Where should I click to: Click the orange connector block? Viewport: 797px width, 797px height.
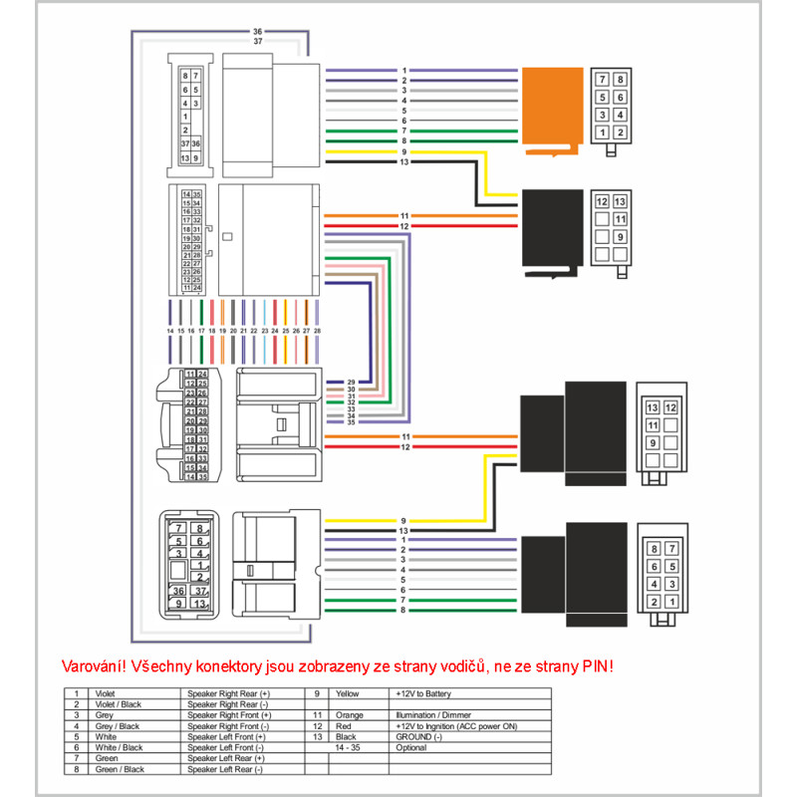pyautogui.click(x=552, y=108)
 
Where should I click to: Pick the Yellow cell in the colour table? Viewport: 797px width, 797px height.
pyautogui.click(x=348, y=692)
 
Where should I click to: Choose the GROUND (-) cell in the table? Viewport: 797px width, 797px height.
pyautogui.click(x=419, y=736)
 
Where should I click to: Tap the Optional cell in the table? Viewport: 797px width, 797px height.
pyautogui.click(x=410, y=747)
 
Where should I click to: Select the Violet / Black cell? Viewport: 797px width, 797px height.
pyautogui.click(x=117, y=703)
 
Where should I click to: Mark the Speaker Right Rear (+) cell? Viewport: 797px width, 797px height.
pyautogui.click(x=228, y=692)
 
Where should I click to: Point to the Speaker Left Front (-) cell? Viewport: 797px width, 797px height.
pyautogui.click(x=226, y=747)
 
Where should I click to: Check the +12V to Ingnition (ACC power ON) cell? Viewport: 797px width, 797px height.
pyautogui.click(x=455, y=725)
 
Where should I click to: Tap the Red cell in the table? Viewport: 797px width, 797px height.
pyautogui.click(x=345, y=725)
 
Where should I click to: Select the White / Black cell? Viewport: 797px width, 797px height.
pyautogui.click(x=117, y=747)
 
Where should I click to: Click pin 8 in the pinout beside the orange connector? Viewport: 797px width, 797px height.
pyautogui.click(x=621, y=79)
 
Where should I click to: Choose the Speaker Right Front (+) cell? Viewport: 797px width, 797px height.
pyautogui.click(x=228, y=714)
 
